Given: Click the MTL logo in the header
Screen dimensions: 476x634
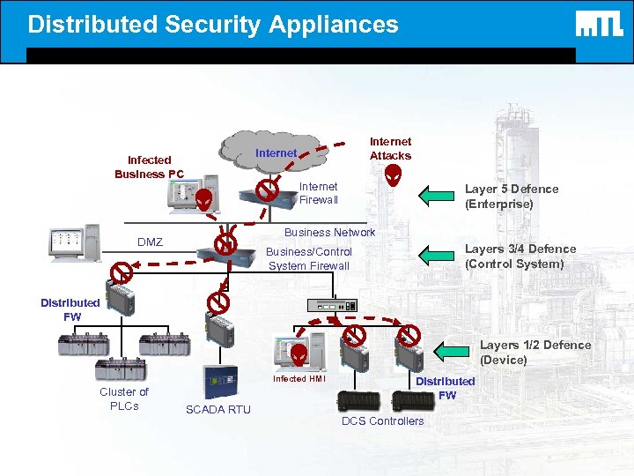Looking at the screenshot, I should (x=599, y=25).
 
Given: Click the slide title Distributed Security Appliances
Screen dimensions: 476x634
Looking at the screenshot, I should (x=213, y=24).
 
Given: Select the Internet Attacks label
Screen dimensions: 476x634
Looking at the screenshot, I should (x=390, y=148).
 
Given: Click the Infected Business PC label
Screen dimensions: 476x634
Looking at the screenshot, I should (x=149, y=167).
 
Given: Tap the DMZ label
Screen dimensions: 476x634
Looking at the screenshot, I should (x=150, y=242).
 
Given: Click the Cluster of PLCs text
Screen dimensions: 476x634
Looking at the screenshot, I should (x=124, y=398).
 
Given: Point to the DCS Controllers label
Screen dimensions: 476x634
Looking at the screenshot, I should (x=382, y=420).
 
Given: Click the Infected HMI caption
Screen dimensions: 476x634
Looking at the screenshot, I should (x=299, y=379).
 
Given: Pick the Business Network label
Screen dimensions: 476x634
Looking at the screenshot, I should (x=329, y=233).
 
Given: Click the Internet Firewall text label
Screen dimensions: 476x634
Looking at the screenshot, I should (x=318, y=193).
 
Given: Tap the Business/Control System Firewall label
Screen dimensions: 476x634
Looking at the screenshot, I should (x=309, y=258).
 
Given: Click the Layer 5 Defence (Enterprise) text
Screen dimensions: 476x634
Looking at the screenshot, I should (x=511, y=196).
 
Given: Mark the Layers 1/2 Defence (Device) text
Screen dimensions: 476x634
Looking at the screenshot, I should (x=534, y=352).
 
